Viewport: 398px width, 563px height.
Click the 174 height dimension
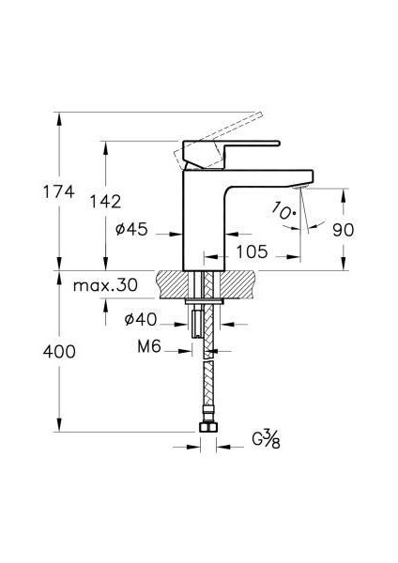pyautogui.click(x=59, y=191)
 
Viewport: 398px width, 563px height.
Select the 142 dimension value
pyautogui.click(x=105, y=202)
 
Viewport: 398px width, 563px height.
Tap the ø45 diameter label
pyautogui.click(x=131, y=229)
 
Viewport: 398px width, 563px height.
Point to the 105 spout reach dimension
pyautogui.click(x=252, y=251)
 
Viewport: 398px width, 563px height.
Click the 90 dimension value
pyautogui.click(x=343, y=230)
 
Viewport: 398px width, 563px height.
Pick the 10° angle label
pyautogui.click(x=283, y=211)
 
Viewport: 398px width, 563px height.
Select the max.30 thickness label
pyautogui.click(x=105, y=285)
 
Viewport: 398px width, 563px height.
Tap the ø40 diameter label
pyautogui.click(x=141, y=319)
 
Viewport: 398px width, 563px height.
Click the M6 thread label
pyautogui.click(x=149, y=346)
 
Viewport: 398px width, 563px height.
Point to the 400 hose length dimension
pyautogui.click(x=59, y=352)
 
